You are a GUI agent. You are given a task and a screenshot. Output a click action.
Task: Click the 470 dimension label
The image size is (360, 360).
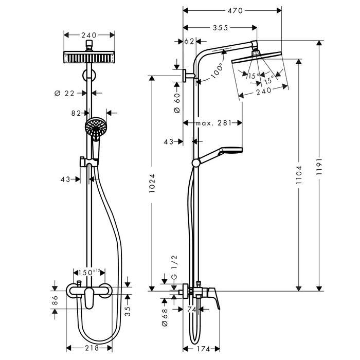tap(235, 11)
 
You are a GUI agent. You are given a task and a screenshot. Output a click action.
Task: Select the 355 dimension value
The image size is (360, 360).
tap(220, 28)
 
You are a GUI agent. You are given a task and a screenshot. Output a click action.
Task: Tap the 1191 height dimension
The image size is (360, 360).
tap(319, 166)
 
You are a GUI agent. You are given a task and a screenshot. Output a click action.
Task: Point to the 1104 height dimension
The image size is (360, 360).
tap(299, 175)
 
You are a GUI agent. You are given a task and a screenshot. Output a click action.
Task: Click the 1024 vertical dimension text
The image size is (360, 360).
tap(152, 183)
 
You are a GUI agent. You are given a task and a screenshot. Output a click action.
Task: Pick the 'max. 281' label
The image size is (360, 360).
tap(213, 123)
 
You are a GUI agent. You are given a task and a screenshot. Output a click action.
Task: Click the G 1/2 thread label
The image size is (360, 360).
tap(174, 267)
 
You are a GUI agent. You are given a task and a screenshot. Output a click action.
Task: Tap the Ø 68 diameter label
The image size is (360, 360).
tap(165, 317)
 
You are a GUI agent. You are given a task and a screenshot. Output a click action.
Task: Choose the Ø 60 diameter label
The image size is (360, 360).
tap(177, 103)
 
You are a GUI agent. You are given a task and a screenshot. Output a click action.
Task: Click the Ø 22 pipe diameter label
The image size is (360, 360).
tap(64, 93)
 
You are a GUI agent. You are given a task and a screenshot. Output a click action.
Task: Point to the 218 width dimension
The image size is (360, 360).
tap(92, 348)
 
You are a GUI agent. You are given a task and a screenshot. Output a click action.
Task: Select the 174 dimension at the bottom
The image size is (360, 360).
tap(204, 349)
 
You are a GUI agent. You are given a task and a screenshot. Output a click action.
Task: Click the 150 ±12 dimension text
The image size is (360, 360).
tap(89, 273)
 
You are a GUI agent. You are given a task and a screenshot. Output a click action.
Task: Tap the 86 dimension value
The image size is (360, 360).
tap(55, 300)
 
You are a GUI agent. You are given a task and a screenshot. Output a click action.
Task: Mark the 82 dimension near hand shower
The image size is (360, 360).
tap(76, 113)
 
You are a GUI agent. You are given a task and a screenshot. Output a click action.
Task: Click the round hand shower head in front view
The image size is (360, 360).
tap(96, 126)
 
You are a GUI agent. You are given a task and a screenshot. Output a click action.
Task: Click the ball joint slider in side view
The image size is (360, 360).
tap(196, 163)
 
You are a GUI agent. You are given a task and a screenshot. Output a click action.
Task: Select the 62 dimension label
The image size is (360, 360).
tap(189, 41)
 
